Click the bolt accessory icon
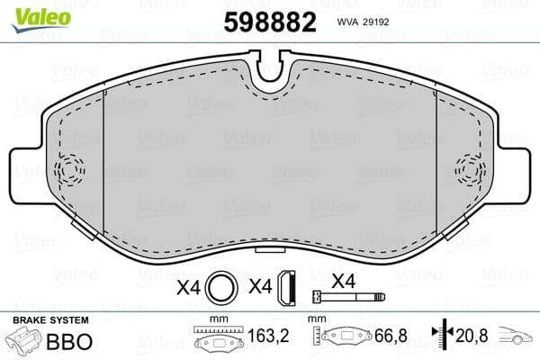[x=346, y=297]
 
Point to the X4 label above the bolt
[x=343, y=280]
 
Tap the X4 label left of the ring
[x=188, y=288]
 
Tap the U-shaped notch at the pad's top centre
[x=269, y=69]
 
